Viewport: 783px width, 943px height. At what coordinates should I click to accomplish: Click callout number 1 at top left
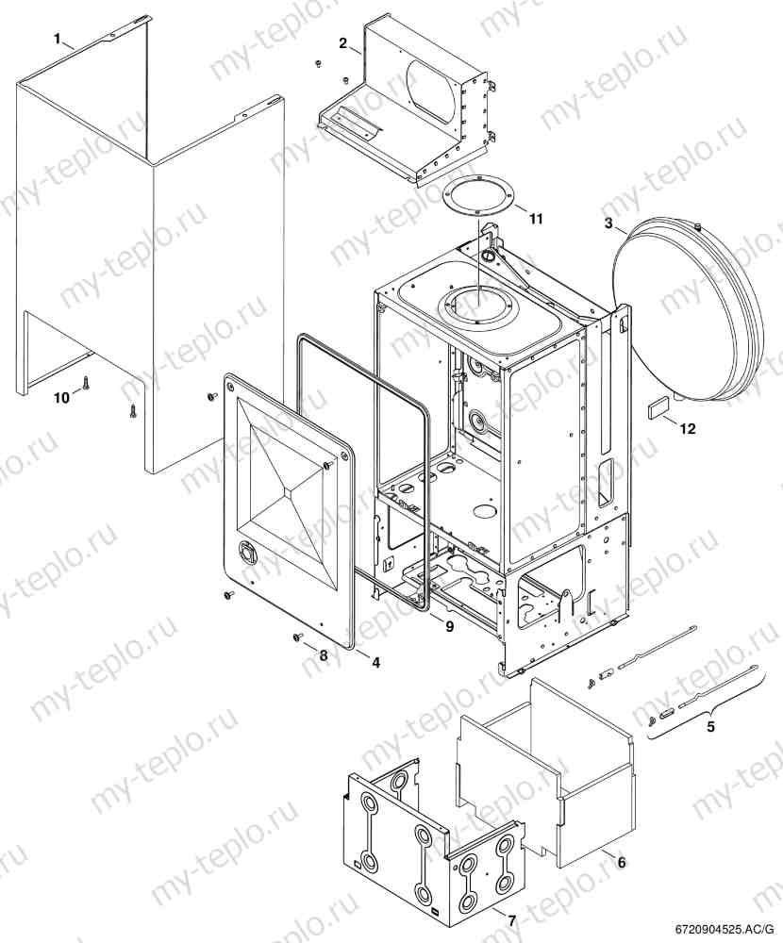(58, 39)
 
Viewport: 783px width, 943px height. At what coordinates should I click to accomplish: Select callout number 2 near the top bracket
(343, 42)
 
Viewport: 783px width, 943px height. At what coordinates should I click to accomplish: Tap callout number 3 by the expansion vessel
(609, 223)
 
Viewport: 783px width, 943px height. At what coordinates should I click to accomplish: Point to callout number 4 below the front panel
(375, 663)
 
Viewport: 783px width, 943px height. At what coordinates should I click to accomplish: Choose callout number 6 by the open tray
(621, 862)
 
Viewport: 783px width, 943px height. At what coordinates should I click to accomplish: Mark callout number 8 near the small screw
(323, 654)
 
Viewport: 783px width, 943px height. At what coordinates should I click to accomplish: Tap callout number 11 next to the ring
(536, 219)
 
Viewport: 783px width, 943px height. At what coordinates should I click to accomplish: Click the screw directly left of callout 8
(295, 638)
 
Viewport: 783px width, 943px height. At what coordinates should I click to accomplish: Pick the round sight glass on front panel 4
(246, 554)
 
